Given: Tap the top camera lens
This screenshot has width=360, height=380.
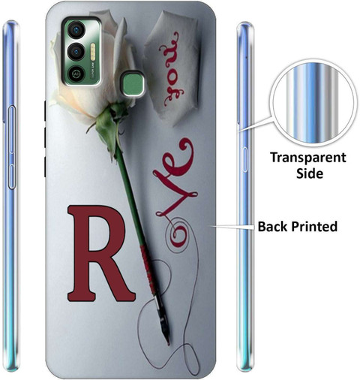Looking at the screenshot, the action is point(76,30).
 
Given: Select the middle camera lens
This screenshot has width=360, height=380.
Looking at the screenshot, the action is point(76,52).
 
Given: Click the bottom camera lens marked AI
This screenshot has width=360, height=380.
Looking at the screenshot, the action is point(75,74).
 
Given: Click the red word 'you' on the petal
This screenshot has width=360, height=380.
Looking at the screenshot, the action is point(172,70).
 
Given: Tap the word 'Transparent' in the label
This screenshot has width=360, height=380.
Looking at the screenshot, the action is point(308,158).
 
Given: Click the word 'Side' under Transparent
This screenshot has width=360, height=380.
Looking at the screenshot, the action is point(310,173).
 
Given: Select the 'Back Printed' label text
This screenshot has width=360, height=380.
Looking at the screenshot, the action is point(298,226).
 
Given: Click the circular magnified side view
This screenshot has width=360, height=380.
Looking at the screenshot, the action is point(313,103).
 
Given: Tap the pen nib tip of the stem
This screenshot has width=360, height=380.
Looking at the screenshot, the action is point(168,343).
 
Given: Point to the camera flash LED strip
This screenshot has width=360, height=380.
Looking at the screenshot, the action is point(93,52).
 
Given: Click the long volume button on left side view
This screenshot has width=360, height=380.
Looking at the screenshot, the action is point(12,129).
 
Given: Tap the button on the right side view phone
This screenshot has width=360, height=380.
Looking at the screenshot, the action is point(244,160).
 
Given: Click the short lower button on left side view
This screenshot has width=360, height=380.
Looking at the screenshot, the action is point(12,176).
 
